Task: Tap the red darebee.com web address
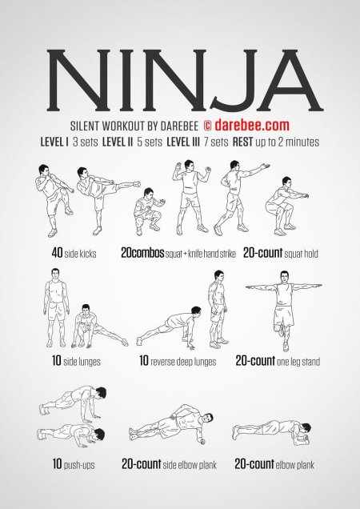point(252,126)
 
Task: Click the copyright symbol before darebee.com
point(208,126)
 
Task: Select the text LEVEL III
point(183,142)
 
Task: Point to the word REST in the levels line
point(242,142)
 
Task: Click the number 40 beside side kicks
point(57,253)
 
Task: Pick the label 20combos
point(142,253)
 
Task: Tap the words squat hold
point(301,254)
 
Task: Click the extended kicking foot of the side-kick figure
point(136,184)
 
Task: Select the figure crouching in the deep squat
point(149,211)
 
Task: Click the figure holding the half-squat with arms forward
point(285,206)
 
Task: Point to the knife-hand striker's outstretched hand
point(266,166)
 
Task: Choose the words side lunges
point(82,362)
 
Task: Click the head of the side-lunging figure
point(86,308)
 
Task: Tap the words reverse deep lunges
point(183,362)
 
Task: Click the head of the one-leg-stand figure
point(284,277)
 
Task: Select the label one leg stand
point(298,362)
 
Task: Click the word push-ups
point(79,465)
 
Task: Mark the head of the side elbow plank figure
point(207,419)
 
